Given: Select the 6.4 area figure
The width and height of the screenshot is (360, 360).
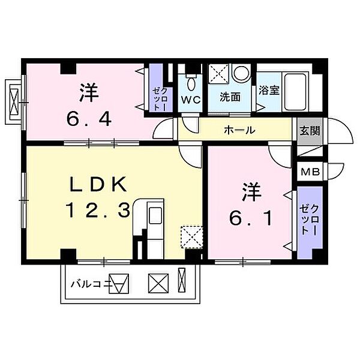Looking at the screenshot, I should point(88,120).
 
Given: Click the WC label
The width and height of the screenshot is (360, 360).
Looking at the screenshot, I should point(192,98).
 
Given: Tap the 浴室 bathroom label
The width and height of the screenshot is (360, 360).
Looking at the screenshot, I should point(268,92).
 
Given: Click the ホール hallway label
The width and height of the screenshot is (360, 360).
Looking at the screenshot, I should point(240,130).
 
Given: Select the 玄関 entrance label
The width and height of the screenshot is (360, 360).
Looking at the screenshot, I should point(310,130).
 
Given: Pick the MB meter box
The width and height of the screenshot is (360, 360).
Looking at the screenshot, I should point(310,172).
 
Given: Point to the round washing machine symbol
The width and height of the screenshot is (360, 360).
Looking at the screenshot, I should point(241,75).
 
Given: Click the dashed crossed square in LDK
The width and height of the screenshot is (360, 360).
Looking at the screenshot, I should point(192,236).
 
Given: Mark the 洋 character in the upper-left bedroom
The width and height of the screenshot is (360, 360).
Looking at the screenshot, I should point(88,93).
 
